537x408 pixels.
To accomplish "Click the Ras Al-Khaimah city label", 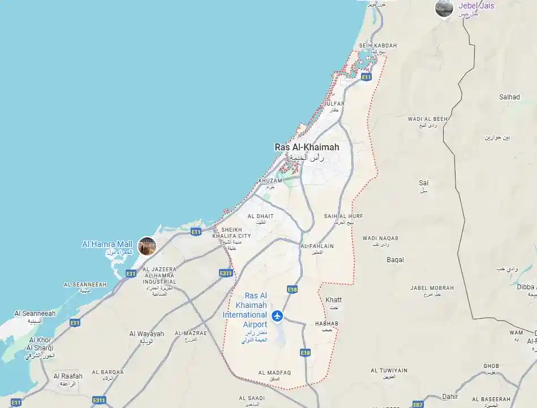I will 307,147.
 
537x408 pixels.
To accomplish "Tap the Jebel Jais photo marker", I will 444,8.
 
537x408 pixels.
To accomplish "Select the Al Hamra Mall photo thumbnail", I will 147,246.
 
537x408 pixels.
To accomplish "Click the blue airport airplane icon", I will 277,316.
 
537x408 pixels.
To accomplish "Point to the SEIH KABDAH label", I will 378,46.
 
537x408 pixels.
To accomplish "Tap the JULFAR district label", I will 334,104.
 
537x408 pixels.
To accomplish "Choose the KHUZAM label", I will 270,181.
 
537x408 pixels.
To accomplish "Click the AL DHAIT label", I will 260,216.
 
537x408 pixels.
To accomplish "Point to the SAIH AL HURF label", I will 343,216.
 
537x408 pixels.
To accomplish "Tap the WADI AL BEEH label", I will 428,119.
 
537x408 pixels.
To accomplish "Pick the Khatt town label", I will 334,300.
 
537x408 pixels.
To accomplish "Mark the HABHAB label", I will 327,324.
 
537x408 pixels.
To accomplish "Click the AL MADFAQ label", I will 274,373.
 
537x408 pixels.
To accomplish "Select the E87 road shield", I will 418,405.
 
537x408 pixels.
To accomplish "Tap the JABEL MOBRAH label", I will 432,288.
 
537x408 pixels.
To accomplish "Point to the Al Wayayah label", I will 147,334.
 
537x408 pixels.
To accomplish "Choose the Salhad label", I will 509,97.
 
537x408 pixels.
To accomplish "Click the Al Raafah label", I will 68,376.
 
